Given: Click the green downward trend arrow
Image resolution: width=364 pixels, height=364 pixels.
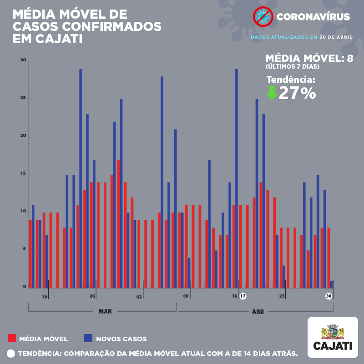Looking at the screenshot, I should point(272,93).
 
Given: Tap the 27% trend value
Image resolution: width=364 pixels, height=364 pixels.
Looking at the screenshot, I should point(297,93).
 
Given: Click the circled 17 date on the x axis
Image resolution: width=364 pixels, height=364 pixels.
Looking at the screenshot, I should point(243,296).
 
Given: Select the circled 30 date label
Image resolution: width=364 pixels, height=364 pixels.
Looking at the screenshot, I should point(329,296).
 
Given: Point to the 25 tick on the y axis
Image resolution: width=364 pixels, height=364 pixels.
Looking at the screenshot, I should point(23,98).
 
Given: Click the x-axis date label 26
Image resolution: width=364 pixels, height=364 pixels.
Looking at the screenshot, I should point(92,297).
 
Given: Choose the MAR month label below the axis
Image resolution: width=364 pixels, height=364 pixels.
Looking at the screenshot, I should point(105,312).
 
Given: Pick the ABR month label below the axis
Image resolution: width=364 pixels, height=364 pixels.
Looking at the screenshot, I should point(258,312).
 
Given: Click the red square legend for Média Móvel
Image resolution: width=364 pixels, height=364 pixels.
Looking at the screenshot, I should point(12,338).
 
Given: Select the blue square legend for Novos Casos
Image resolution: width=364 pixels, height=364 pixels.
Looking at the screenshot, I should point(88,338).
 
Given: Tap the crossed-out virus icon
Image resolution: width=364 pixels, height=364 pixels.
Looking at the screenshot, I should point(262,17).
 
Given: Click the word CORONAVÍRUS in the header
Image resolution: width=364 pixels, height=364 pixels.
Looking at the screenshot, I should point(313,17).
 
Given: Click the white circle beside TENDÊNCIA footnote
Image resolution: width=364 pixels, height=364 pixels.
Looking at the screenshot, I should point(11,353).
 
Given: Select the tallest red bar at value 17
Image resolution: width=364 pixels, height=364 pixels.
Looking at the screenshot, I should point(118,223).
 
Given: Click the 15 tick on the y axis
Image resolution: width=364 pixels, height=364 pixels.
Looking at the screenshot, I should point(23,174).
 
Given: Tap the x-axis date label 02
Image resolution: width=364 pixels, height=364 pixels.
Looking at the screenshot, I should point(139,297).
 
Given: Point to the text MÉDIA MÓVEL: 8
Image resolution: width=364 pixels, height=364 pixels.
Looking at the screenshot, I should point(309,58).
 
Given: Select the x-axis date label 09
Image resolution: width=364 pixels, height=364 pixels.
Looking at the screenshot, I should point(186,297).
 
